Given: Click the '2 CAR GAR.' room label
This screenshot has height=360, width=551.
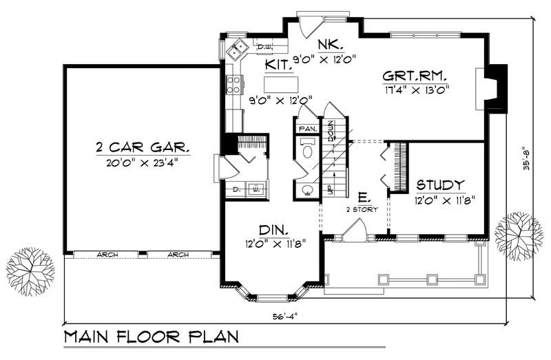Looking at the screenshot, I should click(143, 147).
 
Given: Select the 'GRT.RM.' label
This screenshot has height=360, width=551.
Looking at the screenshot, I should click(415, 75).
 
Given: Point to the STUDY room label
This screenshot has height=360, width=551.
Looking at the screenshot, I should click(441, 185).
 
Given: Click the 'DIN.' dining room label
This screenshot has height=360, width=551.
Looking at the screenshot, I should click(273, 229).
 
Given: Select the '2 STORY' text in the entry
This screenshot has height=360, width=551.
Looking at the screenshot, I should click(362, 209).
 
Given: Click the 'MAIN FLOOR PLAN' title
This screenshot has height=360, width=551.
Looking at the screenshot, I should click(152, 338).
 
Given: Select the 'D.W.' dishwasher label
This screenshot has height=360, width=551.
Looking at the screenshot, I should click(263, 47).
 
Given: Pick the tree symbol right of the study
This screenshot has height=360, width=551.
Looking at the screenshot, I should click(519, 233).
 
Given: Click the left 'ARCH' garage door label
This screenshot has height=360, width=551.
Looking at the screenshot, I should click(107, 255).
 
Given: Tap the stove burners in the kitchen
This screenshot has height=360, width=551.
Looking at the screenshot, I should click(232, 84).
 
